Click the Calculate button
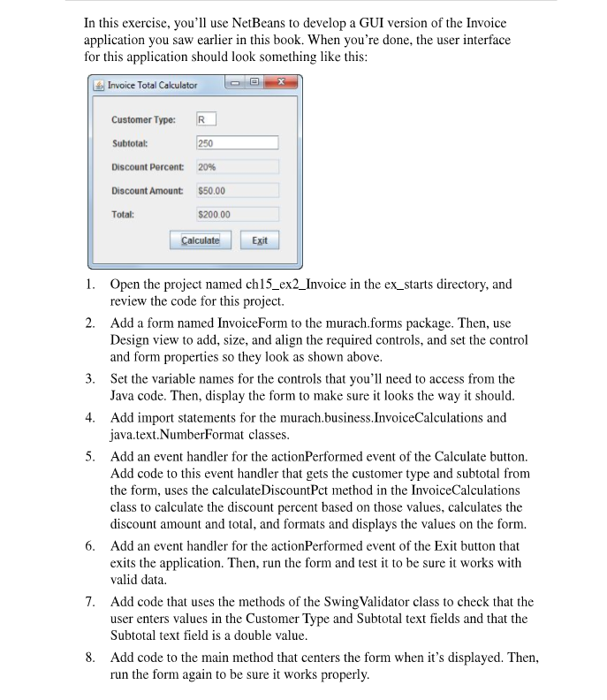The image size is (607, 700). [200, 240]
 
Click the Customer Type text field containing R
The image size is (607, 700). [205, 119]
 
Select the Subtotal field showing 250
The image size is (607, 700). [236, 143]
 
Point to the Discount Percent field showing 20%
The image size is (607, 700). [236, 167]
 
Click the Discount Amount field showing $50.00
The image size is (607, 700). [236, 191]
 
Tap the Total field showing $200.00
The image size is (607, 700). [236, 215]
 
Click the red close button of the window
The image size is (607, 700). [282, 85]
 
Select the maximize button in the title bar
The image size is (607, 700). [254, 85]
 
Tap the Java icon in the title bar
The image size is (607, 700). [99, 86]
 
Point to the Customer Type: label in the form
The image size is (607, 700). [142, 119]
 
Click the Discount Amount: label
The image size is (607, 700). [147, 191]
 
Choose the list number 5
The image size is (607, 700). [91, 457]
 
